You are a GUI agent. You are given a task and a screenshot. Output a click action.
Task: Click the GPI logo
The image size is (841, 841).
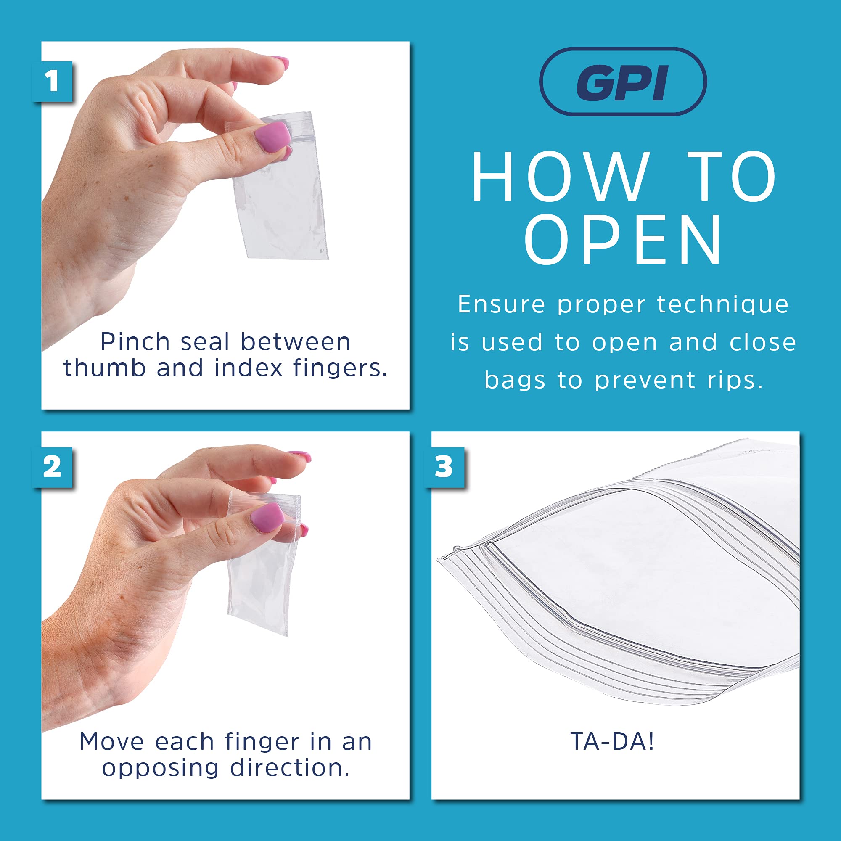click(622, 82)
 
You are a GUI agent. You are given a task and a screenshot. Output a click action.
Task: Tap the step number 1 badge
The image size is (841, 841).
click(52, 82)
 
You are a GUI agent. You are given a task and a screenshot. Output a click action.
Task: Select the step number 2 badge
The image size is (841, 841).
click(52, 467)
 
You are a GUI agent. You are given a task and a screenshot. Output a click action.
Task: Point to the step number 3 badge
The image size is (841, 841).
click(444, 467)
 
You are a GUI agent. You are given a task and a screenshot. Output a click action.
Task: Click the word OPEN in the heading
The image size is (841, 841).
click(623, 240)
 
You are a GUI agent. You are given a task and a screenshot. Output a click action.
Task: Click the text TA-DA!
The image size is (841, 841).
click(612, 741)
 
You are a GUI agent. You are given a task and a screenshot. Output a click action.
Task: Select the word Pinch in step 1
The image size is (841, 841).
click(135, 342)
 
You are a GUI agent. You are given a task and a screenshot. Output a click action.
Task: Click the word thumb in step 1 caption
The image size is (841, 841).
click(104, 368)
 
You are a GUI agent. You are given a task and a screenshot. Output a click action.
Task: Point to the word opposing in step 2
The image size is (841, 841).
click(160, 768)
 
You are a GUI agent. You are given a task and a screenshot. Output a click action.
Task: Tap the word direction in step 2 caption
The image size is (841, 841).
click(289, 768)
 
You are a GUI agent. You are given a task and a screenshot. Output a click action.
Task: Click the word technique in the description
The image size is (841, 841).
click(722, 304)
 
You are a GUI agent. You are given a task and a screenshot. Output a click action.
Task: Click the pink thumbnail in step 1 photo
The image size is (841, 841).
click(272, 136)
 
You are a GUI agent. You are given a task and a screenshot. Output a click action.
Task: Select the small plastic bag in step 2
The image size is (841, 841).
click(261, 583)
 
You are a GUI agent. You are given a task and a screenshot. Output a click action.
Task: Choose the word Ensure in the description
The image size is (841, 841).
click(500, 304)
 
